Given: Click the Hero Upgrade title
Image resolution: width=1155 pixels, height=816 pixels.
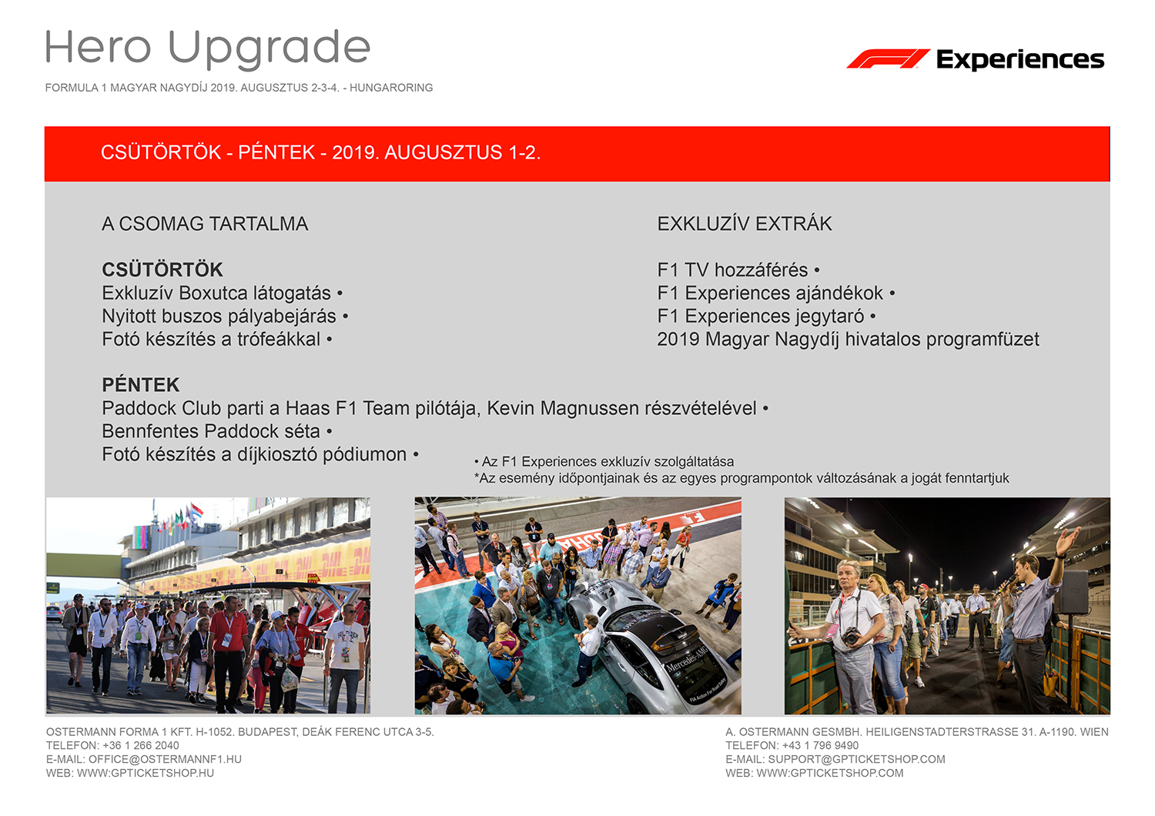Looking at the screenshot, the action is click(208, 49).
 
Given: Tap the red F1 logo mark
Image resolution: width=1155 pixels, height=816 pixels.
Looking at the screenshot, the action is click(888, 59).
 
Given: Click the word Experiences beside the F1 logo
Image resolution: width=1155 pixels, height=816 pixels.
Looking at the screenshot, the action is click(1020, 60).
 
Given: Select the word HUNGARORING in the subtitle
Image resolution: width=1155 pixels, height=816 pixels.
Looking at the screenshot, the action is click(391, 88).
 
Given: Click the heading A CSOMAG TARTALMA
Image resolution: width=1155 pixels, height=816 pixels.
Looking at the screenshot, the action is click(205, 224).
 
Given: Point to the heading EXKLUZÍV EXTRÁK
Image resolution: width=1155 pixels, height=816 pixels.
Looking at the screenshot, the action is click(744, 224).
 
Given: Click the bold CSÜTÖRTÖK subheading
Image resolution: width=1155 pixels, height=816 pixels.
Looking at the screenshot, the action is click(162, 269).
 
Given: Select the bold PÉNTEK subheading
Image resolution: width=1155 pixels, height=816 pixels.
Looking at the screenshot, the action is click(141, 385).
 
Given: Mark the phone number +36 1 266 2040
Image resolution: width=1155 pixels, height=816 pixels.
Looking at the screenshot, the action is click(141, 745).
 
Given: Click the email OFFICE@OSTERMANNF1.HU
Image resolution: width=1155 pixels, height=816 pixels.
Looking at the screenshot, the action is click(165, 759).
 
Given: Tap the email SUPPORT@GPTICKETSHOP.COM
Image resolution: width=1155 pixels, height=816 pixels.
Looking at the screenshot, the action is click(856, 759).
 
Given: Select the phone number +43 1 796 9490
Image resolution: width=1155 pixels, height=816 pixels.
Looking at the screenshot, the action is click(820, 745).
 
